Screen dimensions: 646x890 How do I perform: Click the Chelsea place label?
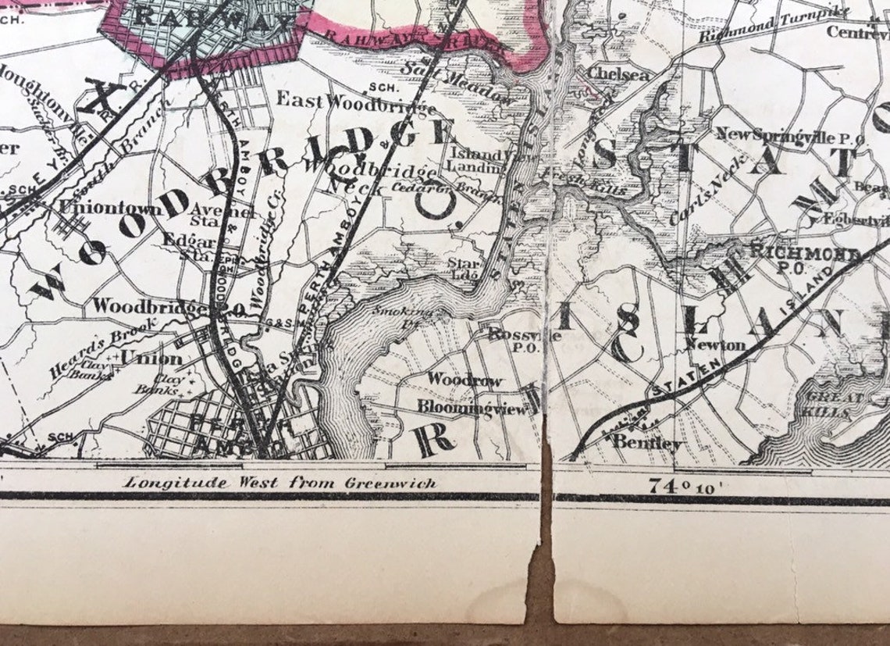[618, 75]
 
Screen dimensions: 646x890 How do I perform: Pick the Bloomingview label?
[472, 407]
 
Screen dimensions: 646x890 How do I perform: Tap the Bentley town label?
[647, 443]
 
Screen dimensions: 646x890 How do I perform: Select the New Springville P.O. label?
[789, 137]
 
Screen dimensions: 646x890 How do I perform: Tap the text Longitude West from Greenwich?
[279, 483]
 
